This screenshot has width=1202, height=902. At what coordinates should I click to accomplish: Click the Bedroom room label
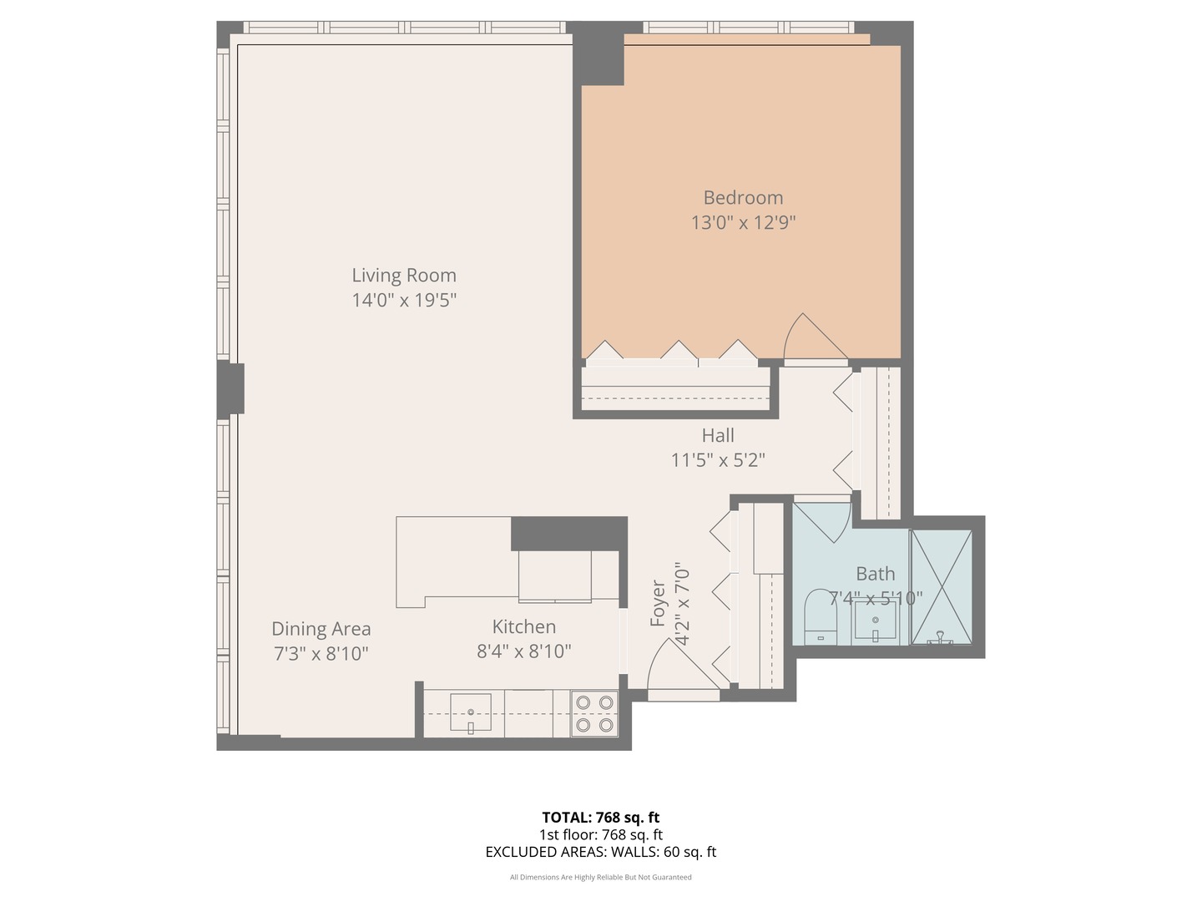[743, 198]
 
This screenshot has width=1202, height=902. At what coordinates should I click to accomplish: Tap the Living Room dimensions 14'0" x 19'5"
[404, 300]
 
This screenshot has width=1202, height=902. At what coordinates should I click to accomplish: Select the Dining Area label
[321, 629]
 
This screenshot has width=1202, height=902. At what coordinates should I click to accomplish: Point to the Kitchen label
[523, 626]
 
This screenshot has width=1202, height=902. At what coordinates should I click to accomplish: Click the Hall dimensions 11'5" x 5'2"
[718, 460]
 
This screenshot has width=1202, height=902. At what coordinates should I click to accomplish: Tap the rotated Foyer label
[658, 603]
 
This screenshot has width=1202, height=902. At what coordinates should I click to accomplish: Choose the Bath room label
[875, 574]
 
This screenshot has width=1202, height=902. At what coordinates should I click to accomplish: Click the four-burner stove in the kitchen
[594, 714]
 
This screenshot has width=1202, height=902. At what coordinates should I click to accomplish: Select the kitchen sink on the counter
[471, 712]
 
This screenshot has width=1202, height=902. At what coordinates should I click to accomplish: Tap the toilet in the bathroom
[821, 618]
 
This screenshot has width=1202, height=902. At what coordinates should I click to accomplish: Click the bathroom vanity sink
[875, 622]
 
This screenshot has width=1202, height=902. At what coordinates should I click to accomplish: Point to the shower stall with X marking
[941, 586]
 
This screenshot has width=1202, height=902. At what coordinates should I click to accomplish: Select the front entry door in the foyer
[680, 668]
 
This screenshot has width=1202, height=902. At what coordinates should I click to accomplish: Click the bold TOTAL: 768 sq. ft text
[601, 818]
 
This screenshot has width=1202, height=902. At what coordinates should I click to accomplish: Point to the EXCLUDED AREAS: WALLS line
[601, 852]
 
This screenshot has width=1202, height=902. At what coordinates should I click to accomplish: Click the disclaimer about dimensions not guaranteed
[601, 877]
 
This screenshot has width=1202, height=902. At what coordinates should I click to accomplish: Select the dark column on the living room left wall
[230, 389]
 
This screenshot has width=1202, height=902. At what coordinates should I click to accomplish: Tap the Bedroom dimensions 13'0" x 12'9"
[743, 223]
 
